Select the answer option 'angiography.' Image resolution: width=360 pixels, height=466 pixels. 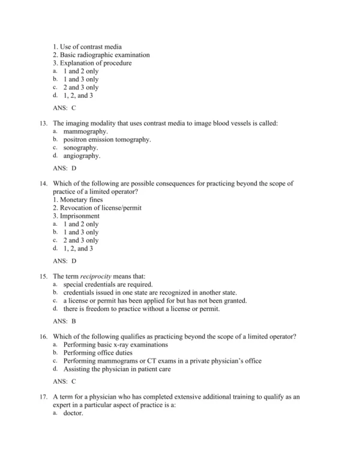tap(82, 156)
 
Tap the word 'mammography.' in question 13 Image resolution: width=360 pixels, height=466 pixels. tap(85, 131)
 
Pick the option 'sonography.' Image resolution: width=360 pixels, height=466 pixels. tap(81, 147)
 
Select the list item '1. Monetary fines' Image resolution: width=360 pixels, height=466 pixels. tap(77, 199)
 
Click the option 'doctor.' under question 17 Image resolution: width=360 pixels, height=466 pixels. tap(73, 414)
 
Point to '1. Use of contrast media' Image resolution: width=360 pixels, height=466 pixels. tap(87, 46)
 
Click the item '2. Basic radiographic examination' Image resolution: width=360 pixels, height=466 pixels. tap(101, 55)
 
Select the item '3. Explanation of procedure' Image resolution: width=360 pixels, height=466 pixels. tap(92, 63)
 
